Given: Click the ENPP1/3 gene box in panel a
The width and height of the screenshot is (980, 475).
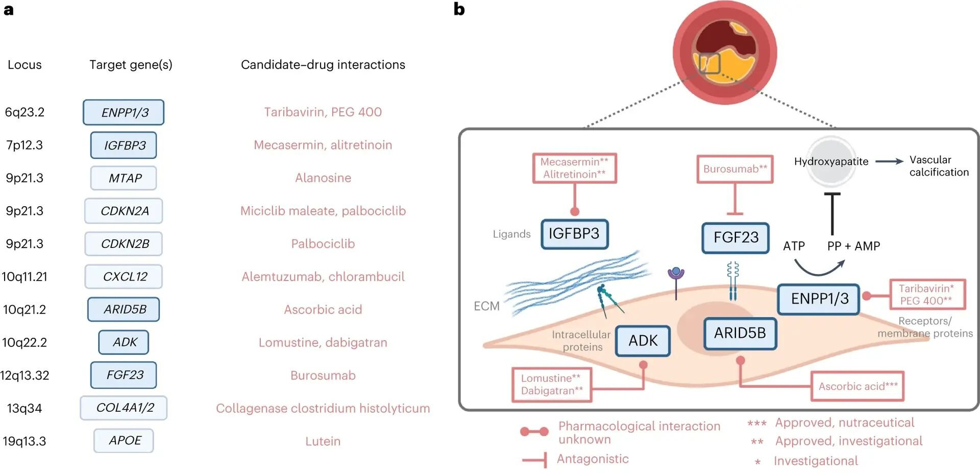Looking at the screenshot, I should click(x=124, y=112).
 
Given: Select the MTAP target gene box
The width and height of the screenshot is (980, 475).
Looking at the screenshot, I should click(x=124, y=178).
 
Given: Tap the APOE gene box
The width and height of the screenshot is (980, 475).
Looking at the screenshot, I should click(x=124, y=440).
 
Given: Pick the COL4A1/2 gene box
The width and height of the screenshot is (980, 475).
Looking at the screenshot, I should click(x=124, y=408).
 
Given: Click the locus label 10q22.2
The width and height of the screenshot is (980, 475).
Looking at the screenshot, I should click(x=24, y=342).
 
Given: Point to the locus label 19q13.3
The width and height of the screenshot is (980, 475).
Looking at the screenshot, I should click(x=24, y=441).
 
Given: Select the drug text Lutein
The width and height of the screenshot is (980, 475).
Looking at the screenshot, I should click(x=323, y=441).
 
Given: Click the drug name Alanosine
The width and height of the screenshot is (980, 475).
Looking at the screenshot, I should click(x=323, y=178).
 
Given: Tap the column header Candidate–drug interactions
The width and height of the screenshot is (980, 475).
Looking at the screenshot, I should click(x=323, y=65).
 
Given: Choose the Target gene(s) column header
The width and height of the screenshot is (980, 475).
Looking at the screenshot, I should click(x=131, y=65).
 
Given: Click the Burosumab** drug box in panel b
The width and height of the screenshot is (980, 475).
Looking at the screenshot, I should click(x=735, y=169).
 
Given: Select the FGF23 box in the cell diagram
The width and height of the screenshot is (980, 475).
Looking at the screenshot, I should click(x=736, y=237).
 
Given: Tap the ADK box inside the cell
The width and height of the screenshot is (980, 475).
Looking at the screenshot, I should click(x=643, y=340).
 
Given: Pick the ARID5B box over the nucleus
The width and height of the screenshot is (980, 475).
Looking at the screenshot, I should click(x=740, y=333).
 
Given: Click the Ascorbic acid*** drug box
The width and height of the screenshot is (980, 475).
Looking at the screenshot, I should click(x=857, y=386).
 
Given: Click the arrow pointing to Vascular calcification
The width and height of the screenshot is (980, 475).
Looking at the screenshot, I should click(x=889, y=161).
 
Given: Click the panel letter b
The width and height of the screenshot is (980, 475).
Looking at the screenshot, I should click(x=459, y=9).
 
